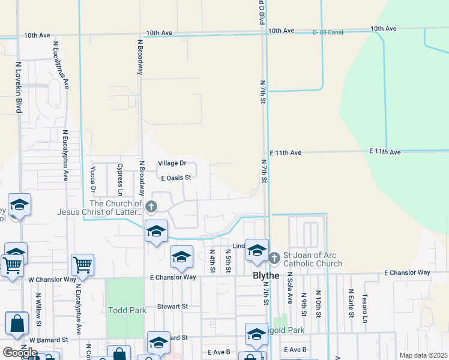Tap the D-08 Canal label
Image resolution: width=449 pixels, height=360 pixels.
click(x=328, y=32)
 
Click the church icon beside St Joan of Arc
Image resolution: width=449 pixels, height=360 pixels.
click(x=274, y=258)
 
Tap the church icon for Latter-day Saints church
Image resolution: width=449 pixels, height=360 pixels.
click(x=151, y=207)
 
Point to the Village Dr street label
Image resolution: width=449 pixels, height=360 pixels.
click(x=172, y=163)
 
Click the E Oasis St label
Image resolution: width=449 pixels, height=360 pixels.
click(x=176, y=178)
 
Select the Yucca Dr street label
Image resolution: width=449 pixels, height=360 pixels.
click(x=94, y=179)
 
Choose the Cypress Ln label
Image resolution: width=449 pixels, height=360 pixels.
click(x=120, y=179)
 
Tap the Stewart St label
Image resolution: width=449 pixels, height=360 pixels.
click(x=172, y=306)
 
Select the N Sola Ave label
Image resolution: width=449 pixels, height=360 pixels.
click(x=289, y=287)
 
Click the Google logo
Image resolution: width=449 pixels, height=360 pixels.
click(x=20, y=352)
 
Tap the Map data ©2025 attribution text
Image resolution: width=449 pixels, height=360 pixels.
click(x=423, y=355)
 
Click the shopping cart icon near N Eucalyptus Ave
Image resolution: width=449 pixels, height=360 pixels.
click(x=82, y=263)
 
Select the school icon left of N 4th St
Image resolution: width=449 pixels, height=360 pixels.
click(x=181, y=256)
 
